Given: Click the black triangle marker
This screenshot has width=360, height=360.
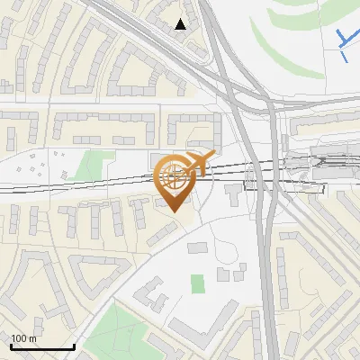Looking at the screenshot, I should point(181,24).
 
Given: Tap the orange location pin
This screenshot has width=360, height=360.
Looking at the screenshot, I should point(175,181).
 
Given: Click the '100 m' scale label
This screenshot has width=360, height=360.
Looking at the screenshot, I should point(23,338).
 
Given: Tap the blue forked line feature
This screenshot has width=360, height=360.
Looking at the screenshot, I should point(346,40).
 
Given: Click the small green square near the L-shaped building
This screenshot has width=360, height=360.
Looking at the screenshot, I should point(198,283).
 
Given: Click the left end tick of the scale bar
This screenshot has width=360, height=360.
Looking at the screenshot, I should point(11,345).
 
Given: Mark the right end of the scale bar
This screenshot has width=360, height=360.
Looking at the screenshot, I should point(74,345).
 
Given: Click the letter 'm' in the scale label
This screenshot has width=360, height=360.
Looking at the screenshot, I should point(32,338).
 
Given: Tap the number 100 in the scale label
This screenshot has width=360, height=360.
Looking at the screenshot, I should point(19,338).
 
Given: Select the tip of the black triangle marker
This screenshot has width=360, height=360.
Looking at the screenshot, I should point(181,19).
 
